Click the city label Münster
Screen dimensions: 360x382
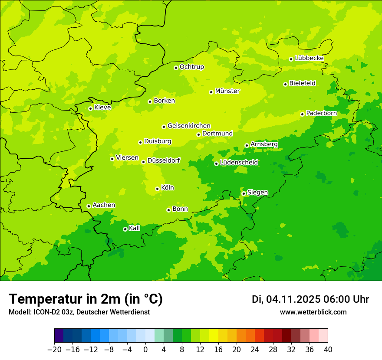tap(227, 91)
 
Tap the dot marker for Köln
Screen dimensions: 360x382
tap(157, 189)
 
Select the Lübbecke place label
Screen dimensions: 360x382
tap(309, 58)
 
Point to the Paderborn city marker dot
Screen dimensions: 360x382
tap(302, 114)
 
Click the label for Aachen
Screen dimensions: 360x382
tap(104, 205)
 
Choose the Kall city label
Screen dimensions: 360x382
tap(135, 228)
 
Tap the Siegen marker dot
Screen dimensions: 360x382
tap(244, 193)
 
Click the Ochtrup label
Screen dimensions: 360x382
tap(191, 67)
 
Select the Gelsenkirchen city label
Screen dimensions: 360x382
tap(189, 126)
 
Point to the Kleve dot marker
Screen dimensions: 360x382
tap(90, 108)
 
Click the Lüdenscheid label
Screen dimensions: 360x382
tap(239, 163)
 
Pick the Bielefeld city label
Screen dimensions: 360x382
tap(302, 83)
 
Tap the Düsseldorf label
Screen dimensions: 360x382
tap(163, 160)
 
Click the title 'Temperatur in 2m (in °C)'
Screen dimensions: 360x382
tap(86, 299)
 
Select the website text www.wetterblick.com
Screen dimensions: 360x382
tap(313, 312)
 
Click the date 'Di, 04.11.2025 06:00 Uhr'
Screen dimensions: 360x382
tap(310, 299)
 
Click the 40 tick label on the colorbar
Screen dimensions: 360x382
tap(328, 350)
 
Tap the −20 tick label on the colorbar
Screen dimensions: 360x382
tap(54, 350)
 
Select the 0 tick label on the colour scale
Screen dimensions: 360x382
tap(145, 350)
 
